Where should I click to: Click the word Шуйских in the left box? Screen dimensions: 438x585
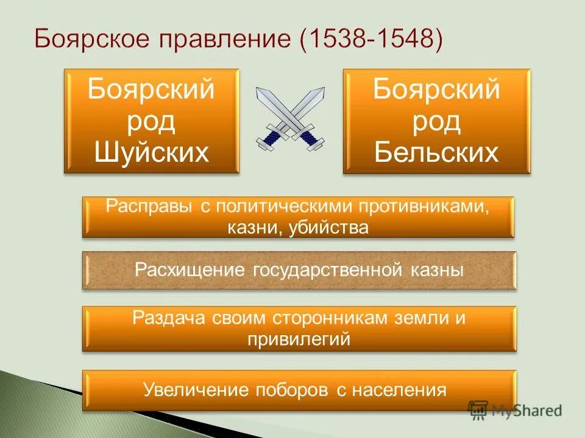(152, 152)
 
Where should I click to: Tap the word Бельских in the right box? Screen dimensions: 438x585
(436, 152)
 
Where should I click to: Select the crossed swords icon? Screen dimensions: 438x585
(291, 118)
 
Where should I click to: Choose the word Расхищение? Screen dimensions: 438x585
(190, 270)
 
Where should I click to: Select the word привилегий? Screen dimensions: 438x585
(299, 339)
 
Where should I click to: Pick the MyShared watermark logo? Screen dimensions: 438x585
(515, 409)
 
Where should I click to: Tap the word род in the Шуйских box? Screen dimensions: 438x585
(152, 121)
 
